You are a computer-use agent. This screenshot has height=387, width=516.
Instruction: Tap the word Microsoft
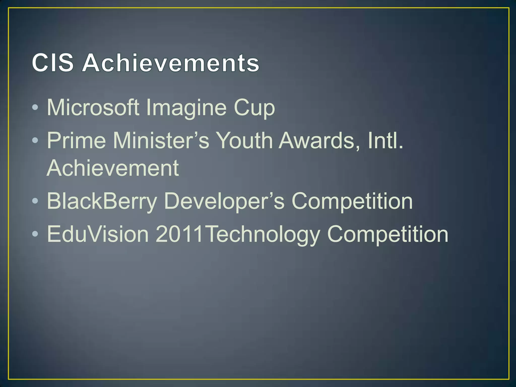[93, 108]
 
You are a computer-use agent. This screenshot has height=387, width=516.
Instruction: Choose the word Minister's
[161, 140]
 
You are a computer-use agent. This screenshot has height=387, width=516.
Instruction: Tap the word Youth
[244, 140]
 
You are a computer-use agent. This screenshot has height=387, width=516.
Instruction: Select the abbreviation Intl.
[385, 140]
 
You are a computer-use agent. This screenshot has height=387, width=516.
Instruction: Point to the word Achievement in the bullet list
[113, 168]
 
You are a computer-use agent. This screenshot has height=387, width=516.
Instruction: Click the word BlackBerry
[102, 201]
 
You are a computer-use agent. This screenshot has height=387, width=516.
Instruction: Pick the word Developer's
[224, 201]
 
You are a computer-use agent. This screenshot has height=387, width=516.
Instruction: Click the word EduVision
[98, 234]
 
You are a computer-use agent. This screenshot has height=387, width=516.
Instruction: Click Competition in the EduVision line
[388, 235]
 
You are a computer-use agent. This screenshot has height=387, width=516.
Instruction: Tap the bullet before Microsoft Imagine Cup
[35, 108]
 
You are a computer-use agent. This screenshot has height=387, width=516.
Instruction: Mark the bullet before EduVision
[35, 234]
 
